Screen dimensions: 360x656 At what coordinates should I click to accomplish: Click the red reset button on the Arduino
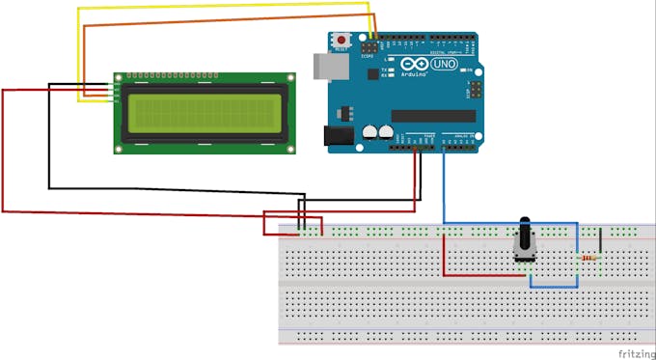(x=341, y=40)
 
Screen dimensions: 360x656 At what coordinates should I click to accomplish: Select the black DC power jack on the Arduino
(x=338, y=138)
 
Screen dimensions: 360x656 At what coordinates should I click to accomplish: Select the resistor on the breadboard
(x=587, y=258)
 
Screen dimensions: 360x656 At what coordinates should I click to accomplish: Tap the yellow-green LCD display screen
(x=203, y=111)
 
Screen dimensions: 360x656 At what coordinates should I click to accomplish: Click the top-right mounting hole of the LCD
(x=288, y=75)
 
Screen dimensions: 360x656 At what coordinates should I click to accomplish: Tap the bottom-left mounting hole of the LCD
(x=119, y=149)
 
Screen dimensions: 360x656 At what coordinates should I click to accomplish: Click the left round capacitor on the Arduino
(x=370, y=132)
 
